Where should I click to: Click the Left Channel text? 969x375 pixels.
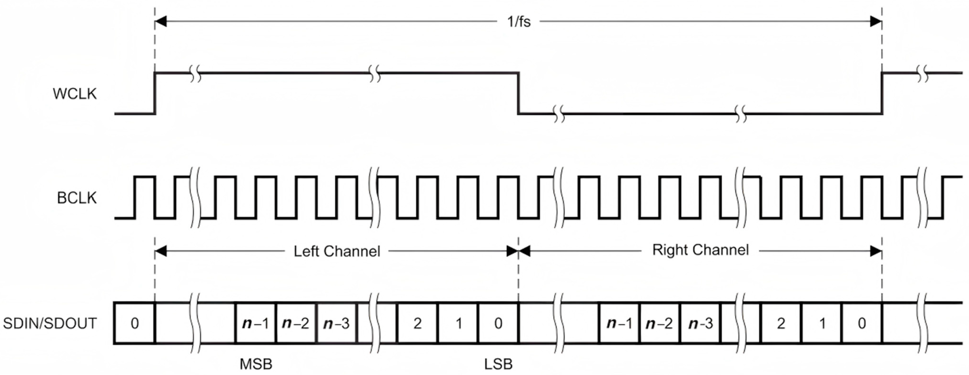337,251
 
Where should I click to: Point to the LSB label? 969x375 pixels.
498,364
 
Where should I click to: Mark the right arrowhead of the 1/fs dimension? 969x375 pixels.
876,22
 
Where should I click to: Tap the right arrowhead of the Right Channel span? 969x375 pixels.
876,251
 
